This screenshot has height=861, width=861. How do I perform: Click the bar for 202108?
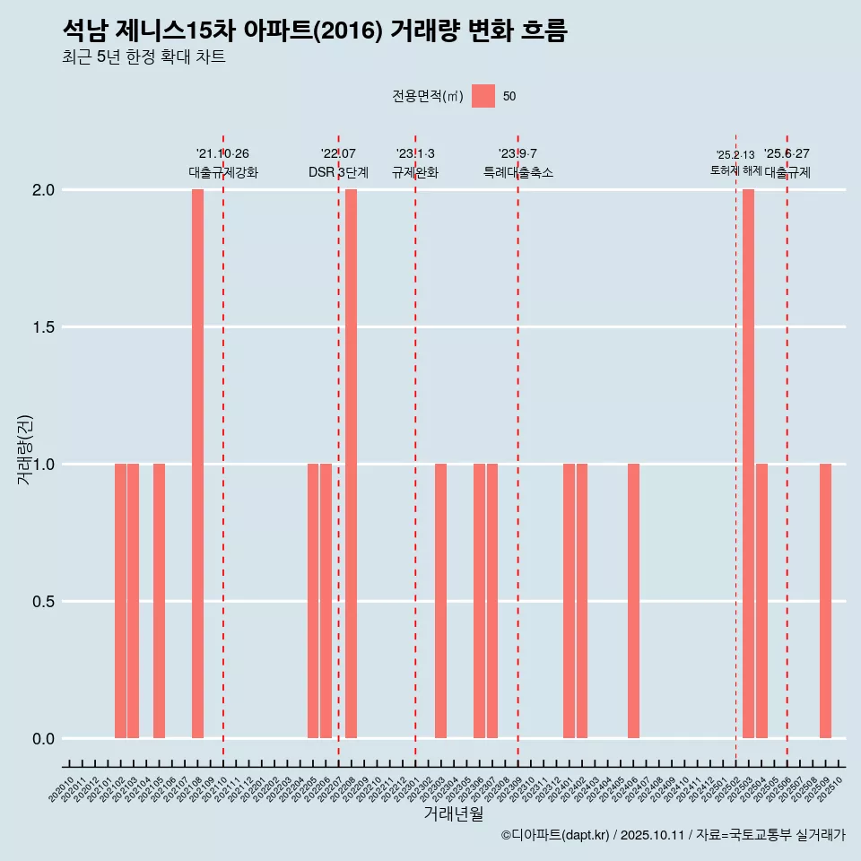tap(197, 464)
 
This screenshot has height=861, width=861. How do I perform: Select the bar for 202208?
tap(352, 464)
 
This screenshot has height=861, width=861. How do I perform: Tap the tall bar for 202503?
tap(748, 464)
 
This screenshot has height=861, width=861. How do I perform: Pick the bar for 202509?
tap(825, 601)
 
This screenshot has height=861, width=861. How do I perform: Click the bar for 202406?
tap(633, 601)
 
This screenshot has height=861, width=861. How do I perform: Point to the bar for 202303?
tap(440, 601)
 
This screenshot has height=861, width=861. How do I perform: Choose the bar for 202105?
tap(159, 601)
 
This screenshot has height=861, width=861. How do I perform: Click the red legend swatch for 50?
tap(483, 96)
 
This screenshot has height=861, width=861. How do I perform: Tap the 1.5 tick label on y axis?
tap(43, 327)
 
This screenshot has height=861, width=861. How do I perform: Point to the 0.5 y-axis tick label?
tap(43, 602)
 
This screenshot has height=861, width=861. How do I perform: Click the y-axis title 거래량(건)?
tap(25, 450)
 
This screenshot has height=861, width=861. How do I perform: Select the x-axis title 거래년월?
tap(453, 814)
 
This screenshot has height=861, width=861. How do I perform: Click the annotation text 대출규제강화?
tap(223, 172)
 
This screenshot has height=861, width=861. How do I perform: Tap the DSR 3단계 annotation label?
tap(338, 172)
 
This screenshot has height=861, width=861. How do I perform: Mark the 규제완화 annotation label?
tap(415, 172)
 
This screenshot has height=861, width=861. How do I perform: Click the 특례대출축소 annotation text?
tap(517, 172)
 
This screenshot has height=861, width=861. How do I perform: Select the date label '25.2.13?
tap(735, 155)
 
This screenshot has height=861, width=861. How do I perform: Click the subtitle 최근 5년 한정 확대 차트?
tap(143, 57)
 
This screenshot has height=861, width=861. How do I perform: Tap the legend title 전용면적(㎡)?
tap(427, 96)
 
